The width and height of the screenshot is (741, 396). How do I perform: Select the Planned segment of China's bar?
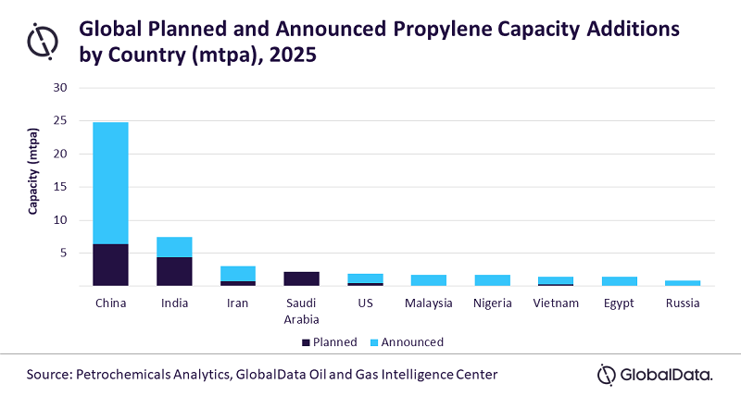pos(110,265)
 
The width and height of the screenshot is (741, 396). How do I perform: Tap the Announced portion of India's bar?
pos(173,247)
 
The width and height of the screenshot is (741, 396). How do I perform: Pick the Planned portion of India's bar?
pos(173,272)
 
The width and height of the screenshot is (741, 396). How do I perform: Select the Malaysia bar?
pos(428,280)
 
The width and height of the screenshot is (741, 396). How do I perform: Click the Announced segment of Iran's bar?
pos(237,273)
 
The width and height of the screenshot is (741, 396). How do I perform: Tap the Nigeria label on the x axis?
pos(491,303)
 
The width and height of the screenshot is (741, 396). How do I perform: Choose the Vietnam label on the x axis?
pos(555,303)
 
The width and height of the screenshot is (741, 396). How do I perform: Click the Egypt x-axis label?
pos(618,303)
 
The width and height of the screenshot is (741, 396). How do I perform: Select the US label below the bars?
pos(364,303)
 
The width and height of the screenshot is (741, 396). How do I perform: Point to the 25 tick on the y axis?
pos(62,121)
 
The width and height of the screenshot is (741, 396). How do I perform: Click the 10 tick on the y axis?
pos(62,220)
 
